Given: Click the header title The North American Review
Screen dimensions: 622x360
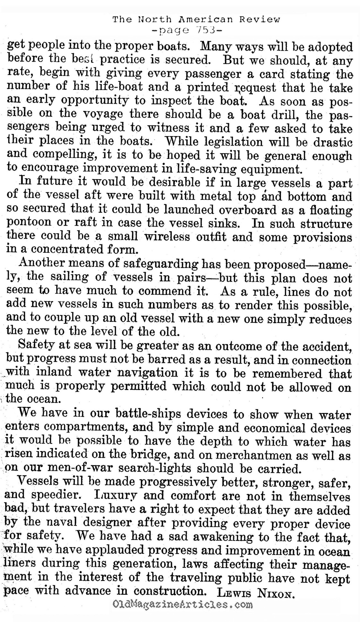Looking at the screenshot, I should click(196, 20).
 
